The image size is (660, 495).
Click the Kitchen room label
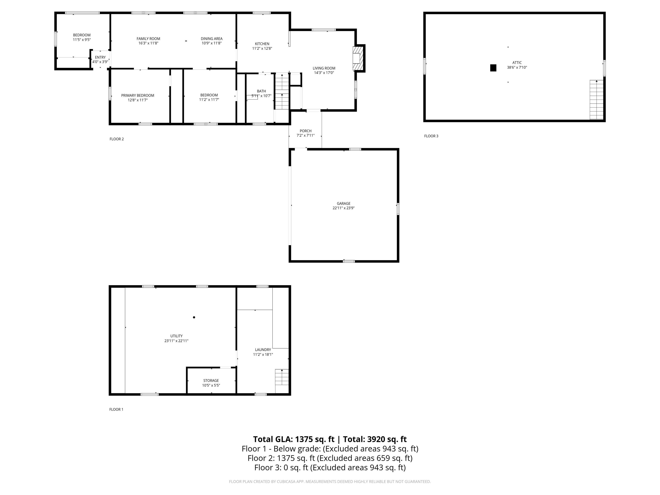coord(262,44)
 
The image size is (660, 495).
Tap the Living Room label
coord(324,68)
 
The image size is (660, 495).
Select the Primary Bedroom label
coord(137,95)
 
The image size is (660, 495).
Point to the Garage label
coord(343,203)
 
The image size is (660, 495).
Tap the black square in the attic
coord(493,68)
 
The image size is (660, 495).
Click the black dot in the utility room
coord(194,317)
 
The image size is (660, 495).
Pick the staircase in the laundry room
coord(282,377)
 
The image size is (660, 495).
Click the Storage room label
coord(211,380)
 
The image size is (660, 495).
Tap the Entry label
coord(100,57)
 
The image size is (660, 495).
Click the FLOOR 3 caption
coord(431,136)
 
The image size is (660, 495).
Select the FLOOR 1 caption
coord(116,409)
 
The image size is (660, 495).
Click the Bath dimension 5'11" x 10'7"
coord(261,96)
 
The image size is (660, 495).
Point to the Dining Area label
coord(212,38)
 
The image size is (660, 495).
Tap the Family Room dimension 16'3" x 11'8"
coord(148,43)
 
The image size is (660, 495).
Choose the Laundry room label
coord(263,350)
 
